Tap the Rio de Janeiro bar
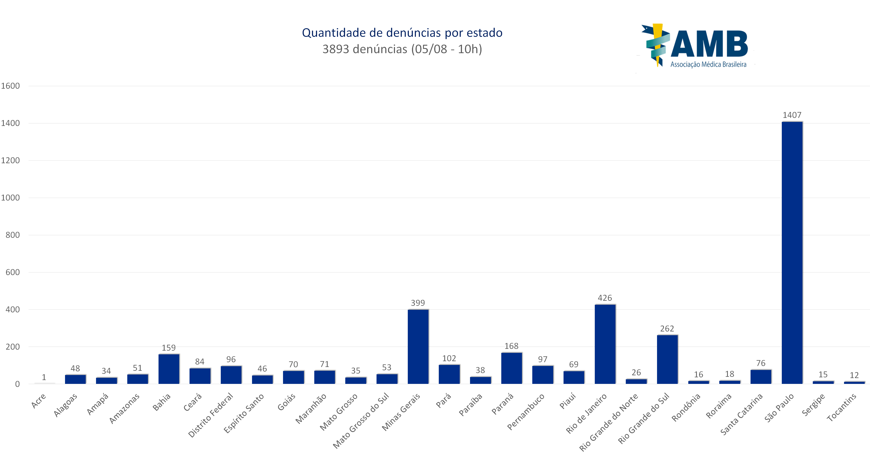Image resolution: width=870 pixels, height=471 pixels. point(605,344)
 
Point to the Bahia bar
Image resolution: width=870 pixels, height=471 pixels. point(169,369)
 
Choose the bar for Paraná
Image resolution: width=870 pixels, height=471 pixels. point(511,368)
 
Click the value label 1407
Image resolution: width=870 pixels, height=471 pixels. point(792,115)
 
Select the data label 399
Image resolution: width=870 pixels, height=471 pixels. point(418,303)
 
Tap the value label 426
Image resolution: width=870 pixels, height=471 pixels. point(605,298)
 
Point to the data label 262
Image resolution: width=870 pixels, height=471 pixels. point(667,328)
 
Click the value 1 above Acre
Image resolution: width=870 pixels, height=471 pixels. point(44,377)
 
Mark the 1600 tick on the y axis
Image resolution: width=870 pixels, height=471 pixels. point(11,86)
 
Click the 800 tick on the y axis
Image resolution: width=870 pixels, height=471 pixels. point(13,235)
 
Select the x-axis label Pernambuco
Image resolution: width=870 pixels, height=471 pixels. point(526,412)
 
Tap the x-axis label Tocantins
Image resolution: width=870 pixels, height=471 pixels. point(842,407)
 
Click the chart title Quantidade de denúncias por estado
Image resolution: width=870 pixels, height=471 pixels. point(402,33)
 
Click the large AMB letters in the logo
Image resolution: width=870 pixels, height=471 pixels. point(709,44)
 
